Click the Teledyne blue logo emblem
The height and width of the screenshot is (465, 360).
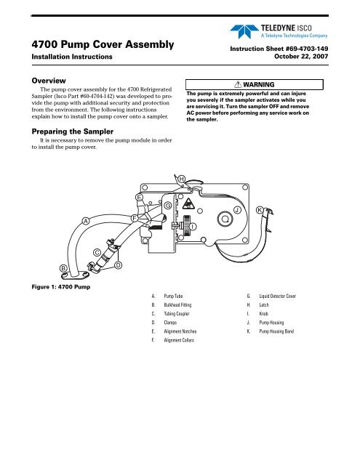[x=244, y=31]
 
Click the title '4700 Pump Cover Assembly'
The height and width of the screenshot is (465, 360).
[x=103, y=44]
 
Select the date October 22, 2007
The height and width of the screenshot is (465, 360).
[x=301, y=57]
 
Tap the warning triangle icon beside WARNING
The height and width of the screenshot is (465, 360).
[x=238, y=84]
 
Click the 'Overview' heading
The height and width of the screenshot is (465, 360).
[x=49, y=81]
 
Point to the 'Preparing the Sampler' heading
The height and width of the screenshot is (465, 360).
[x=73, y=132]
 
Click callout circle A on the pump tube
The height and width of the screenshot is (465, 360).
[x=86, y=221]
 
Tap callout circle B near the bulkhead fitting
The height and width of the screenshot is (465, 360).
[x=63, y=268]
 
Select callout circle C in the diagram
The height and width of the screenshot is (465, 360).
[x=97, y=253]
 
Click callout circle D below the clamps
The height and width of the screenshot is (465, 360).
[x=118, y=264]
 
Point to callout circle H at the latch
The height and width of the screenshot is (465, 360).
[x=182, y=179]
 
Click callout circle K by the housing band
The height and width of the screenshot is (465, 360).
[x=260, y=210]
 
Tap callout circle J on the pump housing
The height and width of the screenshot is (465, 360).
[x=237, y=210]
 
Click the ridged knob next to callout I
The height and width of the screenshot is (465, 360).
[x=186, y=226]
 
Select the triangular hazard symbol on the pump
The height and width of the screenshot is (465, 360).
[x=188, y=204]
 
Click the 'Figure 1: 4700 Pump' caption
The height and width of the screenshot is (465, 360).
[x=61, y=287]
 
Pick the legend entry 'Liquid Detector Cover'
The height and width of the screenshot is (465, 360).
[x=278, y=296]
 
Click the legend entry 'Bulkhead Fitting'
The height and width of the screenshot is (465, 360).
[x=177, y=305]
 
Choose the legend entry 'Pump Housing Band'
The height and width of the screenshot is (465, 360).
[x=276, y=331]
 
